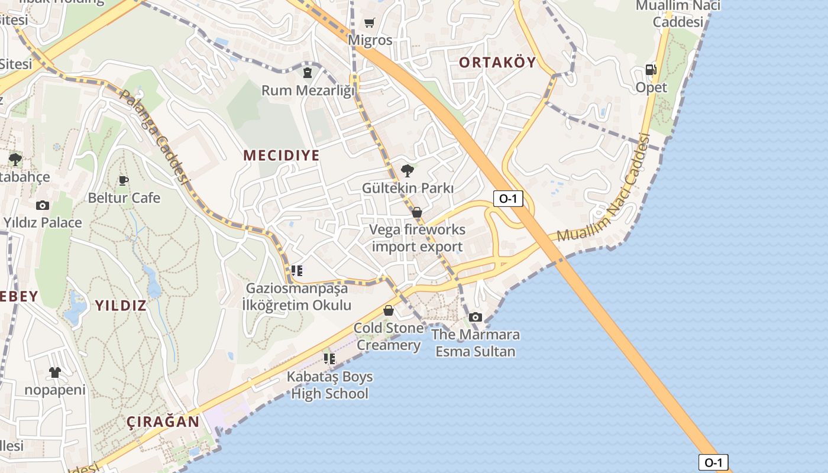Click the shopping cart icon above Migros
(x=370, y=23)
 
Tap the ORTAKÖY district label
(x=497, y=62)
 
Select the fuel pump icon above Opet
(x=651, y=70)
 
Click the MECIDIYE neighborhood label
(x=282, y=155)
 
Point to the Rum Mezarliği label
(x=308, y=90)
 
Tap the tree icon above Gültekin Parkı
(x=407, y=171)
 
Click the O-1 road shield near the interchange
(x=508, y=199)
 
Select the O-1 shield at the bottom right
(x=713, y=462)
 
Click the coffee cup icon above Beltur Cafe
(x=124, y=180)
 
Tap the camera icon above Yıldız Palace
(x=43, y=205)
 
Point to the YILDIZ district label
(x=121, y=306)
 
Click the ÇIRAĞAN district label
(x=163, y=422)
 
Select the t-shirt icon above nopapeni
(x=55, y=372)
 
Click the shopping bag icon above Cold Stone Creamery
(x=389, y=310)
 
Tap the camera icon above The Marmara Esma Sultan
(x=476, y=318)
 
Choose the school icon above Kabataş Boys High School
(x=329, y=359)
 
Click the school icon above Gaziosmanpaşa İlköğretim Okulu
(x=297, y=271)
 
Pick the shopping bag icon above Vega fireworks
(x=417, y=212)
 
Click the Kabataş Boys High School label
(x=330, y=385)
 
